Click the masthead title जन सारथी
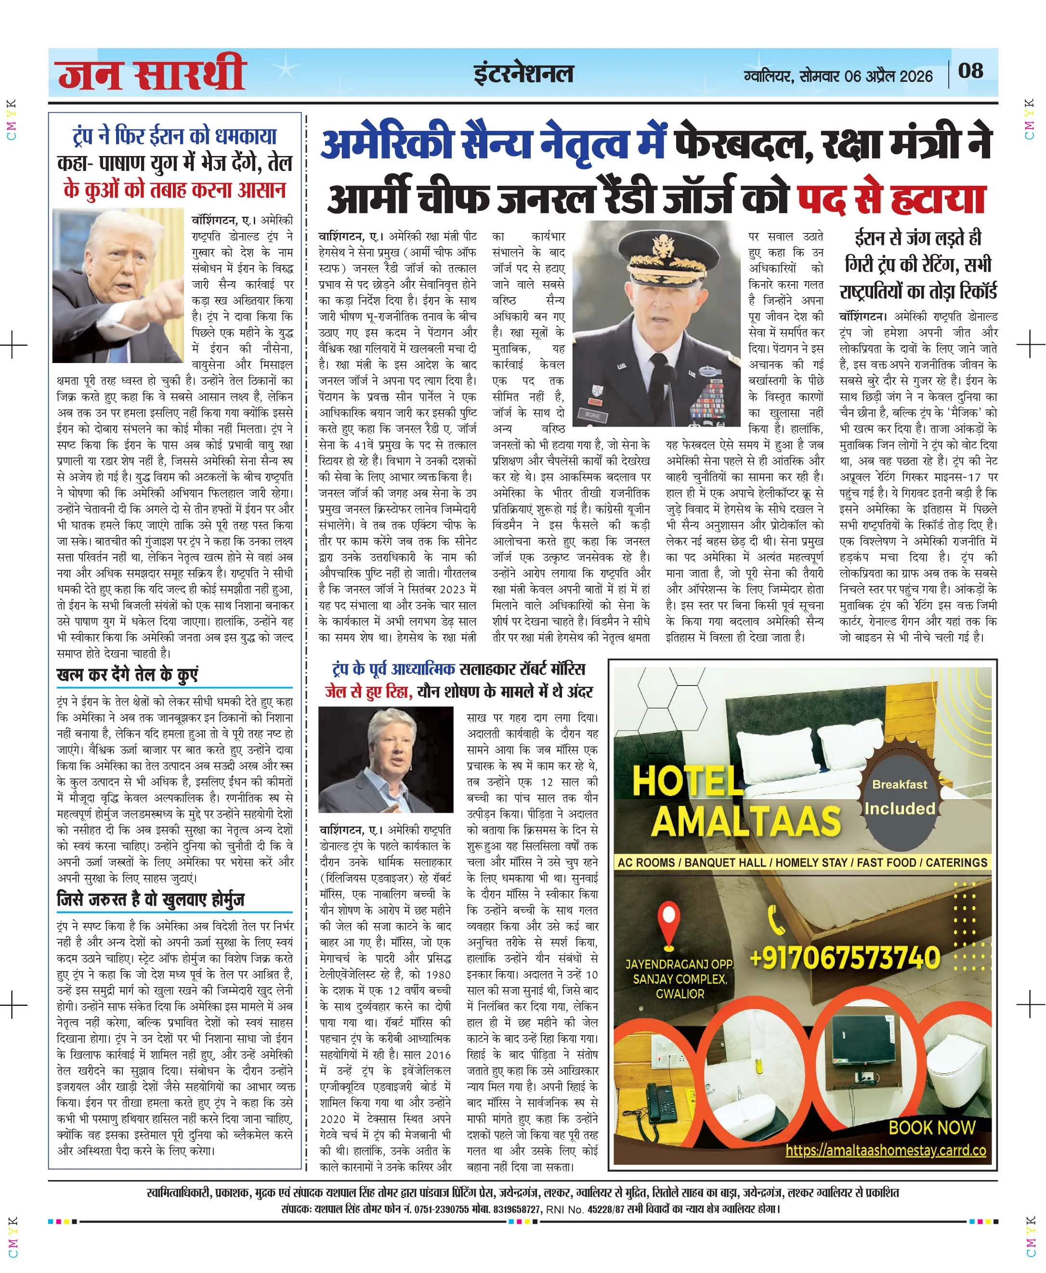pos(152,74)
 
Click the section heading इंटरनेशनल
pos(523,74)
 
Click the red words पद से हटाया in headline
pos(892,199)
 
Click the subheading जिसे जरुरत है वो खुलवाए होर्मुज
pos(151,900)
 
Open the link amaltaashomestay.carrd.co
pos(885,1150)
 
